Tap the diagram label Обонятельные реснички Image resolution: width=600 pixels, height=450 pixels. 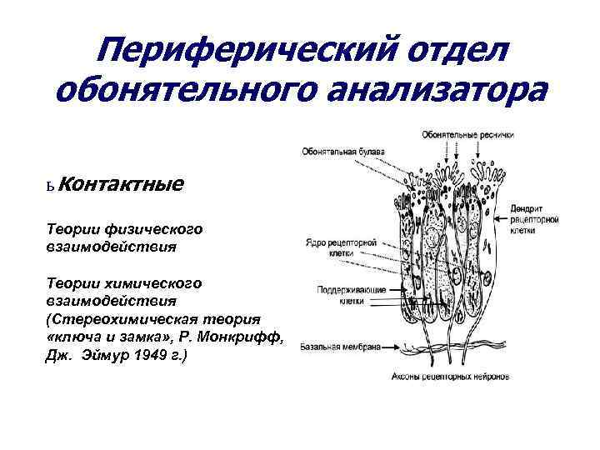[468, 134]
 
